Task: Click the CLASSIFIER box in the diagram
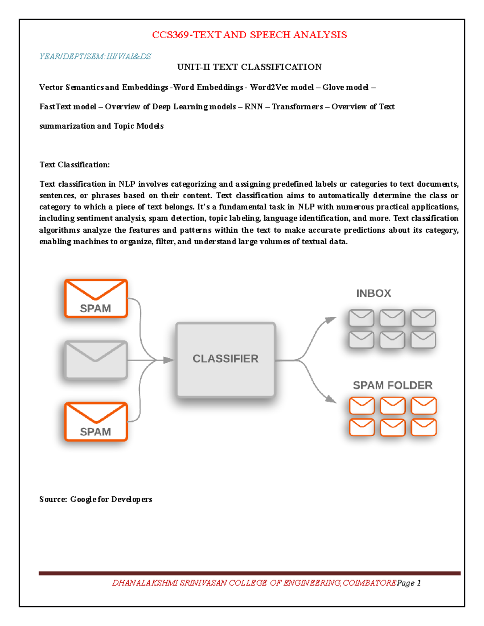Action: point(225,359)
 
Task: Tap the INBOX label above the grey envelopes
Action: point(373,293)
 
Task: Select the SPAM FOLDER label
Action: point(392,385)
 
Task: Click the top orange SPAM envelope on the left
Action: point(96,299)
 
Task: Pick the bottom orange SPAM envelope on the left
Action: point(96,422)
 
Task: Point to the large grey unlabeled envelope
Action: point(96,360)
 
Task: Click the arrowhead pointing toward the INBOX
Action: point(332,320)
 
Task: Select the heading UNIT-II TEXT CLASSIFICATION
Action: point(249,67)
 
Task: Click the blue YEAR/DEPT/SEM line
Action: point(95,56)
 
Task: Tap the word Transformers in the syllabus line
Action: point(297,107)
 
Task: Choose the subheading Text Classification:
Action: point(75,165)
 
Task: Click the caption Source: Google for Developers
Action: point(96,499)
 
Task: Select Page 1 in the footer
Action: point(409,583)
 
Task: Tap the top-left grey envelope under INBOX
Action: point(361,318)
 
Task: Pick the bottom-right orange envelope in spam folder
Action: point(423,427)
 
